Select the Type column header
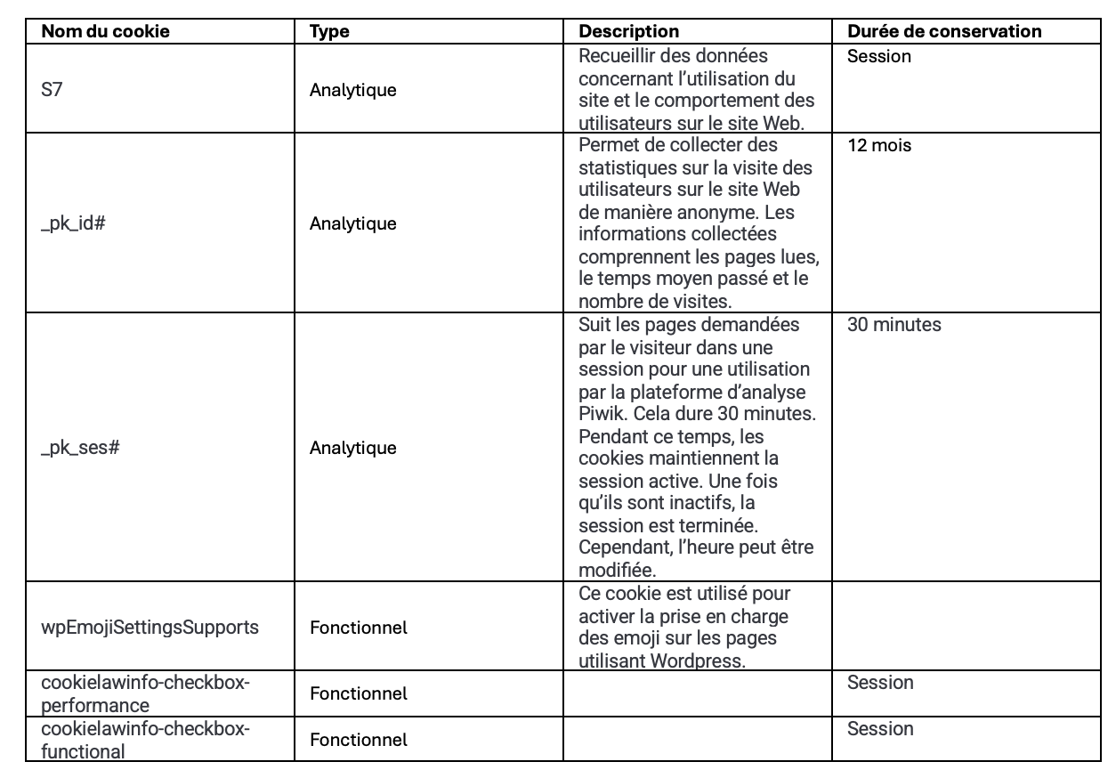(x=329, y=31)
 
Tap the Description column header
(x=628, y=31)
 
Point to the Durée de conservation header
(x=944, y=31)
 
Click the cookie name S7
(x=52, y=90)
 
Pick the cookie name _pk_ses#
(x=80, y=447)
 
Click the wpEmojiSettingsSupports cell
(x=150, y=627)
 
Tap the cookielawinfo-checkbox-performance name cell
(x=146, y=693)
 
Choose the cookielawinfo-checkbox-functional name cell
(x=146, y=740)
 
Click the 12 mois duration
(x=879, y=146)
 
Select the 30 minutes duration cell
(x=894, y=325)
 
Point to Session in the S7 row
(x=879, y=56)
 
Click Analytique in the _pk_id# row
(x=352, y=223)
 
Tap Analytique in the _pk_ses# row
(x=352, y=447)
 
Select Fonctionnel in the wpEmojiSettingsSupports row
(x=358, y=627)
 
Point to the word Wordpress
(x=688, y=660)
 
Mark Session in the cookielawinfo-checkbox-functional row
(x=879, y=728)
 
